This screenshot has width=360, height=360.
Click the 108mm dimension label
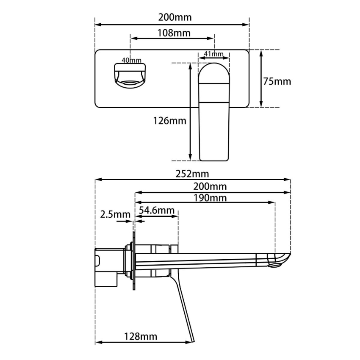coord(174,33)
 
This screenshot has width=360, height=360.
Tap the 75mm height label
coord(277,81)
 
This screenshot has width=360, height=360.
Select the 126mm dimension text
coord(169,121)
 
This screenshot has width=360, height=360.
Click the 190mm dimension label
coord(210,198)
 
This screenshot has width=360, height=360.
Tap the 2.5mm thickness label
coord(115,214)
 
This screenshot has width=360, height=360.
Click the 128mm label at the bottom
coord(141,336)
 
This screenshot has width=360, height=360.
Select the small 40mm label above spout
coord(131,60)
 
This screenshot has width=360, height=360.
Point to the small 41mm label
coord(213,54)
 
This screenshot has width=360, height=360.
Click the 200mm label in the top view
coord(175,17)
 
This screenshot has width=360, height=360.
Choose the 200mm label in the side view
coord(210,186)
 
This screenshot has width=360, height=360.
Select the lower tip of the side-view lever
coord(193,339)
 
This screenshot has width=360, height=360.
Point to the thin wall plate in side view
coord(134,263)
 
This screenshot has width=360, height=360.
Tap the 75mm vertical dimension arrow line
coord(261,79)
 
